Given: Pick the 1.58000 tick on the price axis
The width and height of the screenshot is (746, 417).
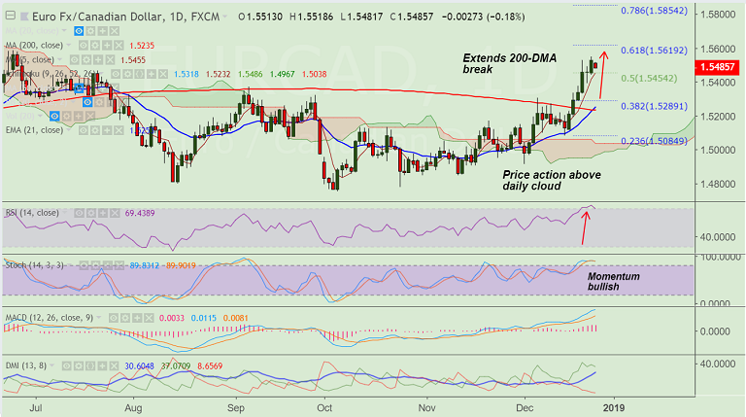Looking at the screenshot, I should click(720, 16).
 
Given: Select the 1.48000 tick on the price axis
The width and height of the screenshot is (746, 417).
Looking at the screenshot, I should click(720, 184).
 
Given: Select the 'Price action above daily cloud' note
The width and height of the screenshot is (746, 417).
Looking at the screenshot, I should click(551, 180).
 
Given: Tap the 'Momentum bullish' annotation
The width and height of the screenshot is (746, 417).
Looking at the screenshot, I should click(613, 282).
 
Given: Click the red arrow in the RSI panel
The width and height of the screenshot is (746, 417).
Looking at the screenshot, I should click(585, 226).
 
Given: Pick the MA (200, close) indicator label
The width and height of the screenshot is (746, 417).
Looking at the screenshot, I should click(39, 45).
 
